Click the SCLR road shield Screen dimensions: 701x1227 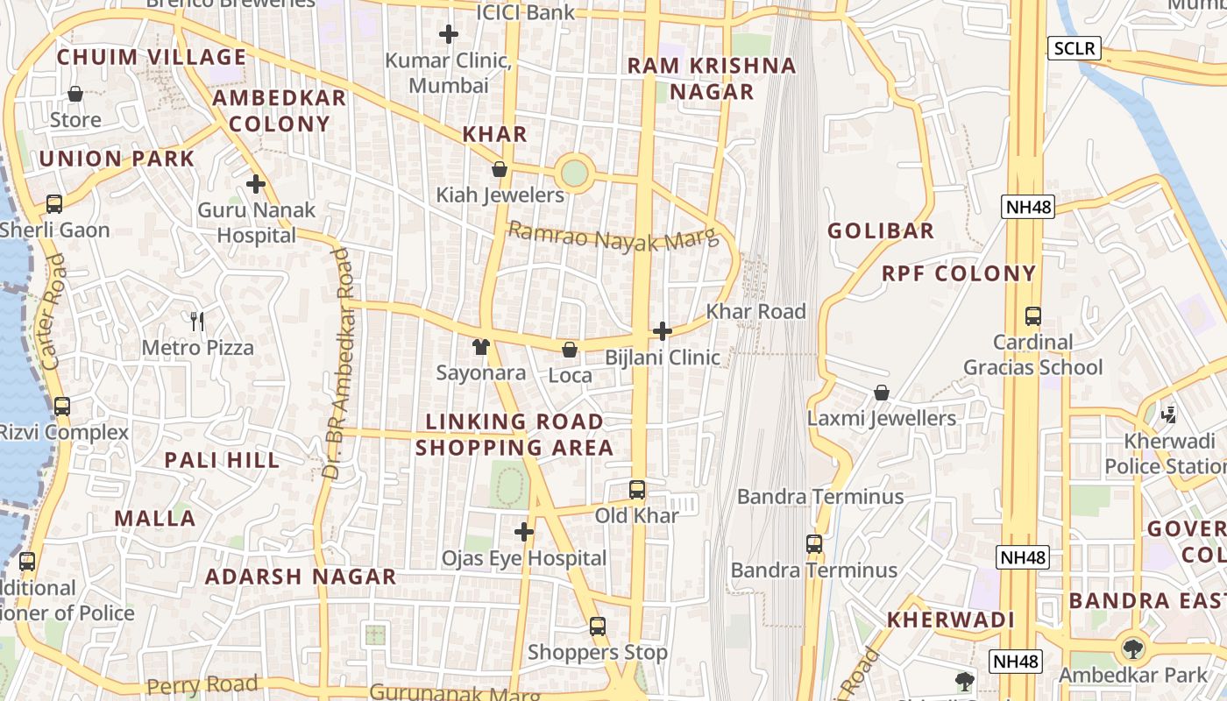[x=1075, y=47]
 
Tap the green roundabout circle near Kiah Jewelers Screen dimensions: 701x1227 [x=574, y=173]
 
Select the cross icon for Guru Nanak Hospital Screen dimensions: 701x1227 [x=256, y=184]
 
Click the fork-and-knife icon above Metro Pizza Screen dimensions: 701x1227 [x=198, y=322]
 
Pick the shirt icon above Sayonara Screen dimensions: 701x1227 [x=481, y=347]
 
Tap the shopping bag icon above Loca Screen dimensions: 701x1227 [x=570, y=350]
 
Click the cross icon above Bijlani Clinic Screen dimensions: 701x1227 [x=663, y=331]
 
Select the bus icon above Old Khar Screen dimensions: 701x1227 [x=637, y=490]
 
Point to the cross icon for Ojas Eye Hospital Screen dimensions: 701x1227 [x=524, y=532]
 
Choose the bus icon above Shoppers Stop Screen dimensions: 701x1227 [x=598, y=627]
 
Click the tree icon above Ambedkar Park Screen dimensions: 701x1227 [x=1133, y=649]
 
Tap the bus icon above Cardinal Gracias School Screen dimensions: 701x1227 [x=1033, y=316]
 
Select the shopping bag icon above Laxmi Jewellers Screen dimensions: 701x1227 [x=882, y=393]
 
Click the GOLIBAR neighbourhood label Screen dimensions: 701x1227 [x=881, y=231]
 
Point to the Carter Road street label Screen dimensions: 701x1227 [x=53, y=311]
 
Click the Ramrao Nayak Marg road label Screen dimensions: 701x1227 [x=613, y=237]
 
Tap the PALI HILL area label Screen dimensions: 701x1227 [x=223, y=460]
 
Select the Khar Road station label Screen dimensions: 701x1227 [x=755, y=311]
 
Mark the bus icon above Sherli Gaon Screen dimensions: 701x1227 [x=54, y=204]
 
